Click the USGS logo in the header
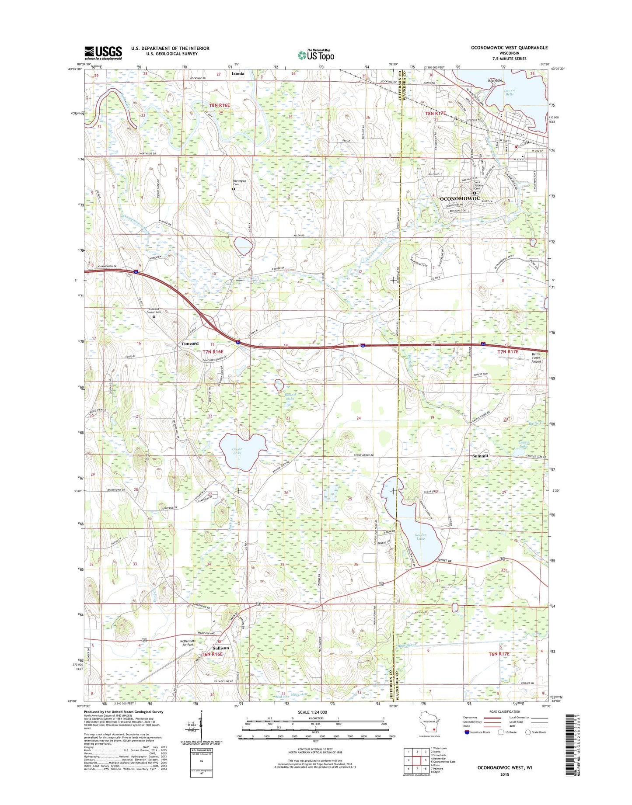coord(103,53)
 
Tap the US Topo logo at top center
coord(316,55)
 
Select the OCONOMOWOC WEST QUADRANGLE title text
coord(509,48)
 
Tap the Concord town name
coord(190,344)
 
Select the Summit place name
coord(480,456)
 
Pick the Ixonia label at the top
coord(238,74)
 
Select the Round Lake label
coord(290,396)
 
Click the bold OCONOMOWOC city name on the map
coord(459,199)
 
